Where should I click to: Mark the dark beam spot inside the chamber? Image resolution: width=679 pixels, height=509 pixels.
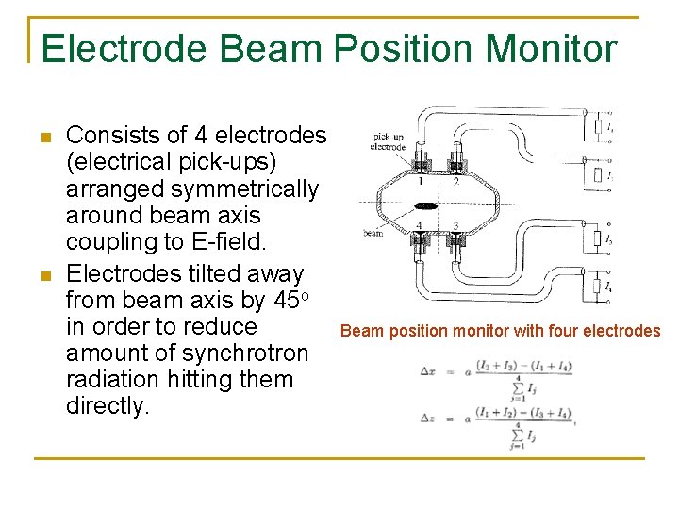tap(426, 205)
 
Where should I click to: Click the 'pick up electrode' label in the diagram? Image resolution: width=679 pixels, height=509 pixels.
tap(388, 141)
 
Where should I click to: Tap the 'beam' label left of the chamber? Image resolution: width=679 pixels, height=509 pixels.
tap(373, 233)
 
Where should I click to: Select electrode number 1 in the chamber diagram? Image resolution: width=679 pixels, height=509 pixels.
tap(419, 181)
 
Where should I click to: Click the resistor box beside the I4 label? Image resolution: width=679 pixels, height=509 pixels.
tap(596, 286)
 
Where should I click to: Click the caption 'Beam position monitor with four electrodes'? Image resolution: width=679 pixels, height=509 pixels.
tap(500, 331)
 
